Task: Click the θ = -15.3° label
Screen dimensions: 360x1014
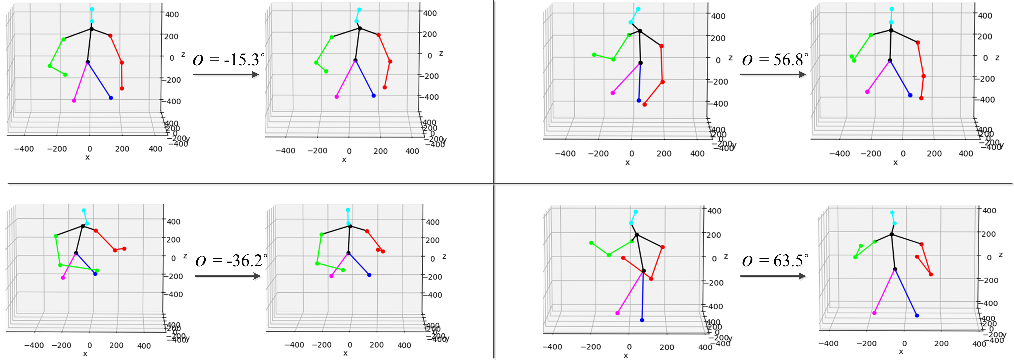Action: [x=229, y=60]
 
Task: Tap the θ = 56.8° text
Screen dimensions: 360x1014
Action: [x=775, y=60]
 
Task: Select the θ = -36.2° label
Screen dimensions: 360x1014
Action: [x=231, y=261]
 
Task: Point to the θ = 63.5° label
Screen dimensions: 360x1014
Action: [x=775, y=261]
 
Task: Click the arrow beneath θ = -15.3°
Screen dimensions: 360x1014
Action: [x=226, y=74]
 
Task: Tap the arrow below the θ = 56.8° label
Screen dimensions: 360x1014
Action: [x=773, y=74]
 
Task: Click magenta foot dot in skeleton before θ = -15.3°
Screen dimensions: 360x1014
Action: [x=74, y=101]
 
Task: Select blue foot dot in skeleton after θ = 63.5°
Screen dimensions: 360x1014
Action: [x=917, y=316]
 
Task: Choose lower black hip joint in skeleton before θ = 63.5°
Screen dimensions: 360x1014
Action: [x=644, y=271]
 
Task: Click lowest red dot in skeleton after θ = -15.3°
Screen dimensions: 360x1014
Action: [x=385, y=87]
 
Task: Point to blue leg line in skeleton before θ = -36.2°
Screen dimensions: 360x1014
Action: [x=86, y=264]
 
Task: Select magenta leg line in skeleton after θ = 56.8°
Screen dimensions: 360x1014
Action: [x=878, y=76]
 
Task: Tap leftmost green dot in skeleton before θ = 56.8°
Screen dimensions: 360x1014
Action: [x=594, y=55]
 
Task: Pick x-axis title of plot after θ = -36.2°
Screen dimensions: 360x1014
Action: [x=345, y=353]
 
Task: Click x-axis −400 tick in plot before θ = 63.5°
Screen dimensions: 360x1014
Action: [x=552, y=347]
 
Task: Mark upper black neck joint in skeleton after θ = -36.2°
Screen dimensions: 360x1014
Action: [x=350, y=226]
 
